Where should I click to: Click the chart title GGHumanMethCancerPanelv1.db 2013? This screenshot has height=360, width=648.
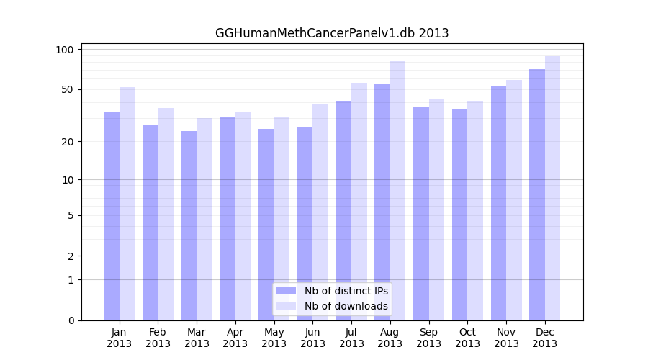click(332, 33)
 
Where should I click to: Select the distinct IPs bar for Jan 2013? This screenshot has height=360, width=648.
click(112, 216)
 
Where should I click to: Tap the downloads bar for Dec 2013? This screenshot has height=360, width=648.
click(552, 188)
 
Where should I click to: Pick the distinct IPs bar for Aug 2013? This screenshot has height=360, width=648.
click(382, 202)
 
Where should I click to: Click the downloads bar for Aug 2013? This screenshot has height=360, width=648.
click(397, 191)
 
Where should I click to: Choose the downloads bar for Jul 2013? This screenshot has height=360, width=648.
click(359, 202)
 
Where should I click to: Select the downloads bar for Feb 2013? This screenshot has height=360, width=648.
click(166, 214)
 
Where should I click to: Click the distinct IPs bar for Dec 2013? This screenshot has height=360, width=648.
click(537, 194)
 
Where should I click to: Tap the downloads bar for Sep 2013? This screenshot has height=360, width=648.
click(436, 210)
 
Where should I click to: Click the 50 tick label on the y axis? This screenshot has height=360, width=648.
click(68, 89)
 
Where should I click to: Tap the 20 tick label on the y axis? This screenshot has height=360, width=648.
click(68, 141)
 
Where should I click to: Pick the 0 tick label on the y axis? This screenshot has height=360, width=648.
click(71, 320)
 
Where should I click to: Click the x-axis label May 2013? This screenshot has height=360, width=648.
click(274, 338)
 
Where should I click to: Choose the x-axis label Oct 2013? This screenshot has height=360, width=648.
click(467, 338)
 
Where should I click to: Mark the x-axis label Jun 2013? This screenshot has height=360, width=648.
click(312, 338)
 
